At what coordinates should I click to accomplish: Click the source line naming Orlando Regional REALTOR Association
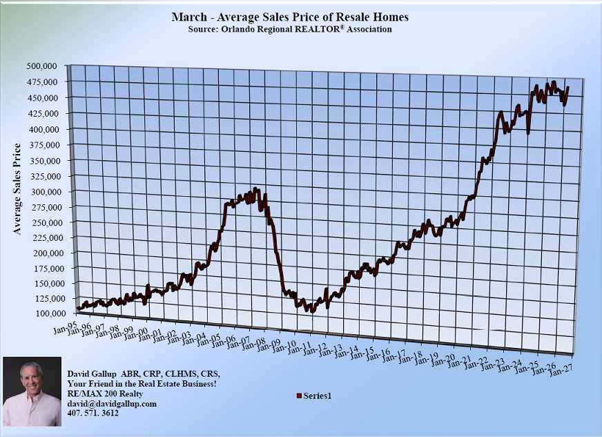coord(290,30)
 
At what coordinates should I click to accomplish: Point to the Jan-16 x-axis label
coord(378,355)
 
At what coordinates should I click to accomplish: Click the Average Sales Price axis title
coord(18,188)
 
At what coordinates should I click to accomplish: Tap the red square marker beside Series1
coord(299,396)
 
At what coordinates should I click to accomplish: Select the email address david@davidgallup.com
coord(111,403)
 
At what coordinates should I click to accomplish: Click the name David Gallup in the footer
coord(94,373)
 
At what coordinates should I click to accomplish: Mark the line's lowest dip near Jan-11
coord(312,311)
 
